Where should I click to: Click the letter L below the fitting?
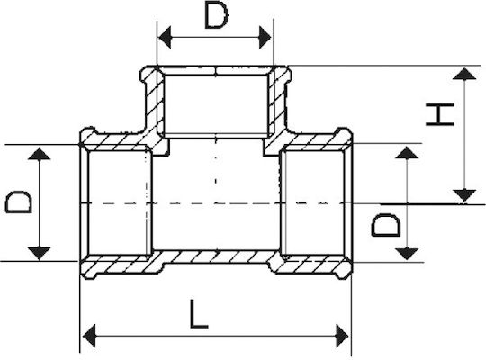(x=198, y=314)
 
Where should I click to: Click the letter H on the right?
(x=440, y=114)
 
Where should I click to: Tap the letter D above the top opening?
(x=216, y=16)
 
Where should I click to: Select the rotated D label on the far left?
(x=18, y=202)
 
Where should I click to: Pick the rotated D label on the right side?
(x=385, y=225)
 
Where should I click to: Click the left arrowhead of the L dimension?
(x=89, y=336)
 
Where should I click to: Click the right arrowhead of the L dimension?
(x=342, y=336)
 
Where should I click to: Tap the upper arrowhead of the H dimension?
(x=464, y=74)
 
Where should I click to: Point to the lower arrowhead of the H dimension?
(x=464, y=195)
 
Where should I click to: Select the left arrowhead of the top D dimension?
(x=165, y=38)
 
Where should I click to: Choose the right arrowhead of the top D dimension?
(x=265, y=38)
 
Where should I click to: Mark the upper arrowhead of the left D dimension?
(x=39, y=154)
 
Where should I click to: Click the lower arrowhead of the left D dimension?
(x=39, y=253)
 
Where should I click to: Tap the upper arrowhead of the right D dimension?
(x=407, y=153)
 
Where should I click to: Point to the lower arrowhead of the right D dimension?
(x=407, y=254)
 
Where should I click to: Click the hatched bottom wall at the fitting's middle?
(x=216, y=256)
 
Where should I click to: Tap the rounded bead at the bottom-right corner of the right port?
(x=345, y=272)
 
